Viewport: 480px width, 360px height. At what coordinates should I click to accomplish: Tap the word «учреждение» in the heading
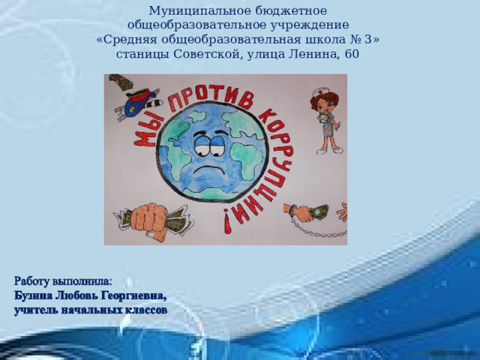point(298,25)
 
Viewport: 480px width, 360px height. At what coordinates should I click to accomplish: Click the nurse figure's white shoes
point(324,150)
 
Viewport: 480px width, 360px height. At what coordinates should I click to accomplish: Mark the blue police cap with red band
point(141,96)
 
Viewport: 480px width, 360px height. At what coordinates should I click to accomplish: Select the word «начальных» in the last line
point(91,307)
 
